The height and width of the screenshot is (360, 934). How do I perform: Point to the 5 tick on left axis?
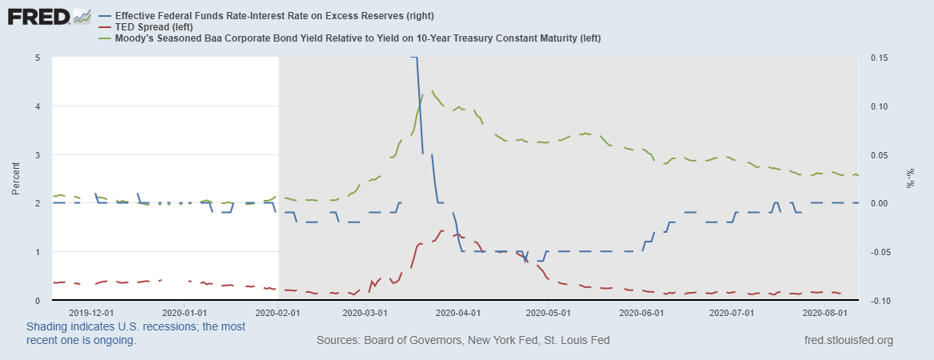tap(38, 58)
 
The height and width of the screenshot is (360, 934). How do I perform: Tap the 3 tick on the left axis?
tap(38, 155)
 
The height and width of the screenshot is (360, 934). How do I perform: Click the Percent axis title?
tap(16, 179)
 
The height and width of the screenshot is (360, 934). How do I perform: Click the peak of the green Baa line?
tap(433, 91)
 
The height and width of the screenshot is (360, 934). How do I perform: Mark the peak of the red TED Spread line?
tap(441, 230)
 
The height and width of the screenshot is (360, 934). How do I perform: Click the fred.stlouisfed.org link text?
tap(848, 340)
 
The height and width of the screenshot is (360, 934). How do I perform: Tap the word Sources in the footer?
tap(339, 340)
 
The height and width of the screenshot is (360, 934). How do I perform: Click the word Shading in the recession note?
tap(49, 327)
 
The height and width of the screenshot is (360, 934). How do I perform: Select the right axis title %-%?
tap(909, 178)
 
